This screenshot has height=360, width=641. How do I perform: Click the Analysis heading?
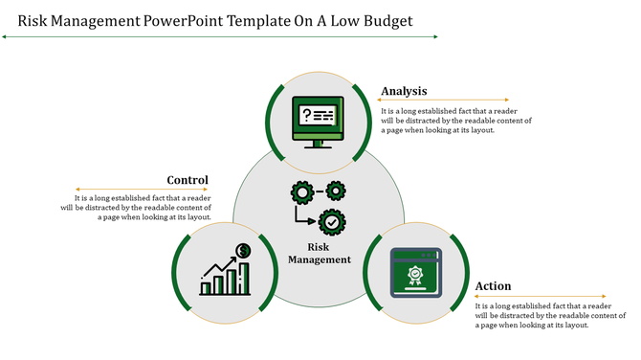point(404,92)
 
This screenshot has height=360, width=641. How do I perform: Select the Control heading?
point(188,180)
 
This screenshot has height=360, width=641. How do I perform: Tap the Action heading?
point(493,286)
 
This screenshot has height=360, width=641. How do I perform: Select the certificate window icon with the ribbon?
point(416,272)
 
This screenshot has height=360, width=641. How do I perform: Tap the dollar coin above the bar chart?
point(244,251)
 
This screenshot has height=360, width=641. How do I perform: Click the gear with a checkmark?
point(331,222)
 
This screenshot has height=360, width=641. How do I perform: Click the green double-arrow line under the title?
point(220,36)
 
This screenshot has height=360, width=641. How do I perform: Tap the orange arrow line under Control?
point(144,189)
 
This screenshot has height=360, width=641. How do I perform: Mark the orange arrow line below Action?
point(541,296)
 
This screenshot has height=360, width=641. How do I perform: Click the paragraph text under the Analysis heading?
point(455,121)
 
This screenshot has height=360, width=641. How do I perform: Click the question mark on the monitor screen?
point(307,115)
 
